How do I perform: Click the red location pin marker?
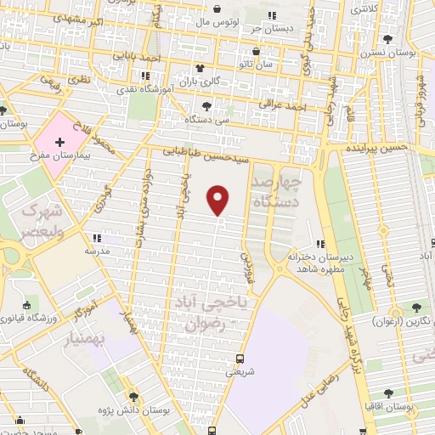coord(219,200)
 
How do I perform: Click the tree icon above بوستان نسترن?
coord(387,39)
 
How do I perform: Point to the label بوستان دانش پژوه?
coord(133,410)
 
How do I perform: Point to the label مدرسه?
coord(95,251)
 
